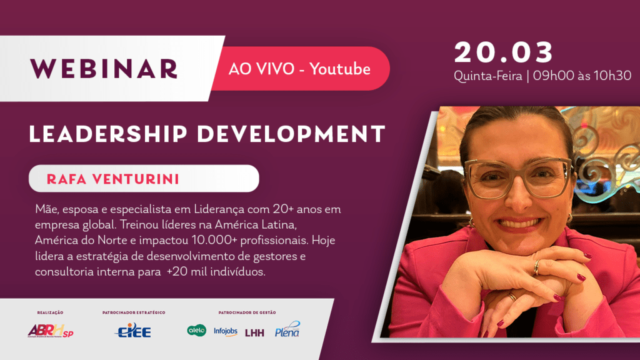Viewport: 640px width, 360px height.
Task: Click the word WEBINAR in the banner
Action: coord(104,69)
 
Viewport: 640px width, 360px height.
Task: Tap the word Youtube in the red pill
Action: coord(340,69)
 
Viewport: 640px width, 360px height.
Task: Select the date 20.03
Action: coord(504,52)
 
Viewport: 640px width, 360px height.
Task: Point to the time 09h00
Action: coord(553,76)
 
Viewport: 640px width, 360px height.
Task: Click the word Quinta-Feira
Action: coord(487,76)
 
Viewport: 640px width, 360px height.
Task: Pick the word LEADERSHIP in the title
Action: coord(108,134)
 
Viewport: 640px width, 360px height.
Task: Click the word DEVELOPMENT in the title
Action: coord(291,134)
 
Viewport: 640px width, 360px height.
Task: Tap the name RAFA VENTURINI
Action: coord(113,179)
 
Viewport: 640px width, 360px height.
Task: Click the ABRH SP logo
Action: coord(51,331)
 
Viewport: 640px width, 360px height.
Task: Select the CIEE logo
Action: coord(133,330)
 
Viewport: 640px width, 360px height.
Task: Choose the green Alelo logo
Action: coord(197,330)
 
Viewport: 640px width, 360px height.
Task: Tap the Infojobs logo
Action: coord(225,331)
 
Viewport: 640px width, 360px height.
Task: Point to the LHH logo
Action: coord(255,333)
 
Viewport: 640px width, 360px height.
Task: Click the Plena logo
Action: coord(287,329)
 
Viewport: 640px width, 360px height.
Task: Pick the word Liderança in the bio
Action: coord(219,209)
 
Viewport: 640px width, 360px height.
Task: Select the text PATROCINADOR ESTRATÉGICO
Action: coord(134,312)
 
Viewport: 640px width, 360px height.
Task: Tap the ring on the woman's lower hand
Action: coord(512,297)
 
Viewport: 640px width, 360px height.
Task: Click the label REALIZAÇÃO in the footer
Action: coord(50,312)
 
